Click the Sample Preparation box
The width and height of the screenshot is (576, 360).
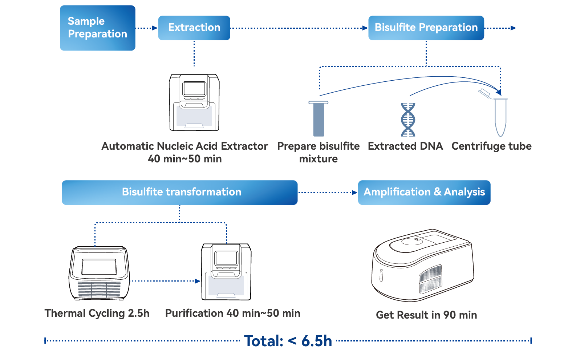(97, 28)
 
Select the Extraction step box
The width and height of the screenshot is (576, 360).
(194, 28)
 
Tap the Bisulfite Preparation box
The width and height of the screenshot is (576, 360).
(426, 28)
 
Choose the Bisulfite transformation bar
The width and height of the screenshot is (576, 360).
(179, 192)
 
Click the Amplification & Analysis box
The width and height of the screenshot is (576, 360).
(424, 192)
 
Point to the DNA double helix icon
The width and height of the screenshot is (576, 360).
(408, 120)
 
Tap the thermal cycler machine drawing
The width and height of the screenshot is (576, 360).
(99, 273)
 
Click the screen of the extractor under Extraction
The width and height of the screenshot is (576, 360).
(195, 88)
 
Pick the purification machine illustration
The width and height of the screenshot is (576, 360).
(226, 272)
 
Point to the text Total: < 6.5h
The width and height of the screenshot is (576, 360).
(288, 341)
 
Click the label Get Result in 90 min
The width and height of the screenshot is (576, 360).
(426, 315)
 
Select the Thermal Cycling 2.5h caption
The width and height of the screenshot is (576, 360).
(97, 313)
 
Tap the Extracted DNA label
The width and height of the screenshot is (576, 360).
(405, 146)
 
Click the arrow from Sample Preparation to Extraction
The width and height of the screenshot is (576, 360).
(146, 28)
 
